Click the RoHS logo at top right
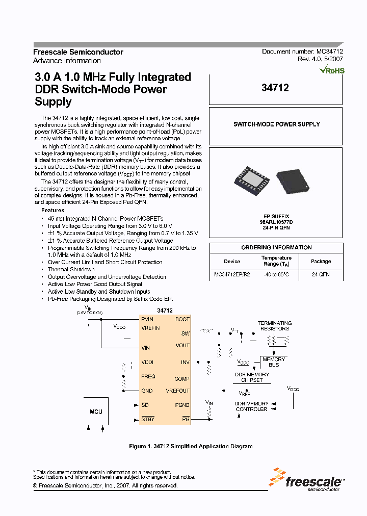[x=332, y=70]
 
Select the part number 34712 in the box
[x=275, y=88]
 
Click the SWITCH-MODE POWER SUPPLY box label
[x=276, y=124]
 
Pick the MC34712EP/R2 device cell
[x=232, y=274]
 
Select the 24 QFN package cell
[x=321, y=274]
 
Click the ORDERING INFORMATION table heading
[x=276, y=247]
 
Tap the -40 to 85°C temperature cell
[x=276, y=274]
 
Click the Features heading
[x=53, y=210]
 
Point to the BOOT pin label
[x=182, y=319]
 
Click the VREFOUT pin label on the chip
[x=177, y=391]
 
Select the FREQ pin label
[x=148, y=376]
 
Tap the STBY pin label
[x=148, y=419]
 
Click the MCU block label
[x=96, y=411]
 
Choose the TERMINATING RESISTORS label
[x=274, y=326]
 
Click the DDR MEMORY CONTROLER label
[x=251, y=406]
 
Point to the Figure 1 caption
[x=191, y=446]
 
